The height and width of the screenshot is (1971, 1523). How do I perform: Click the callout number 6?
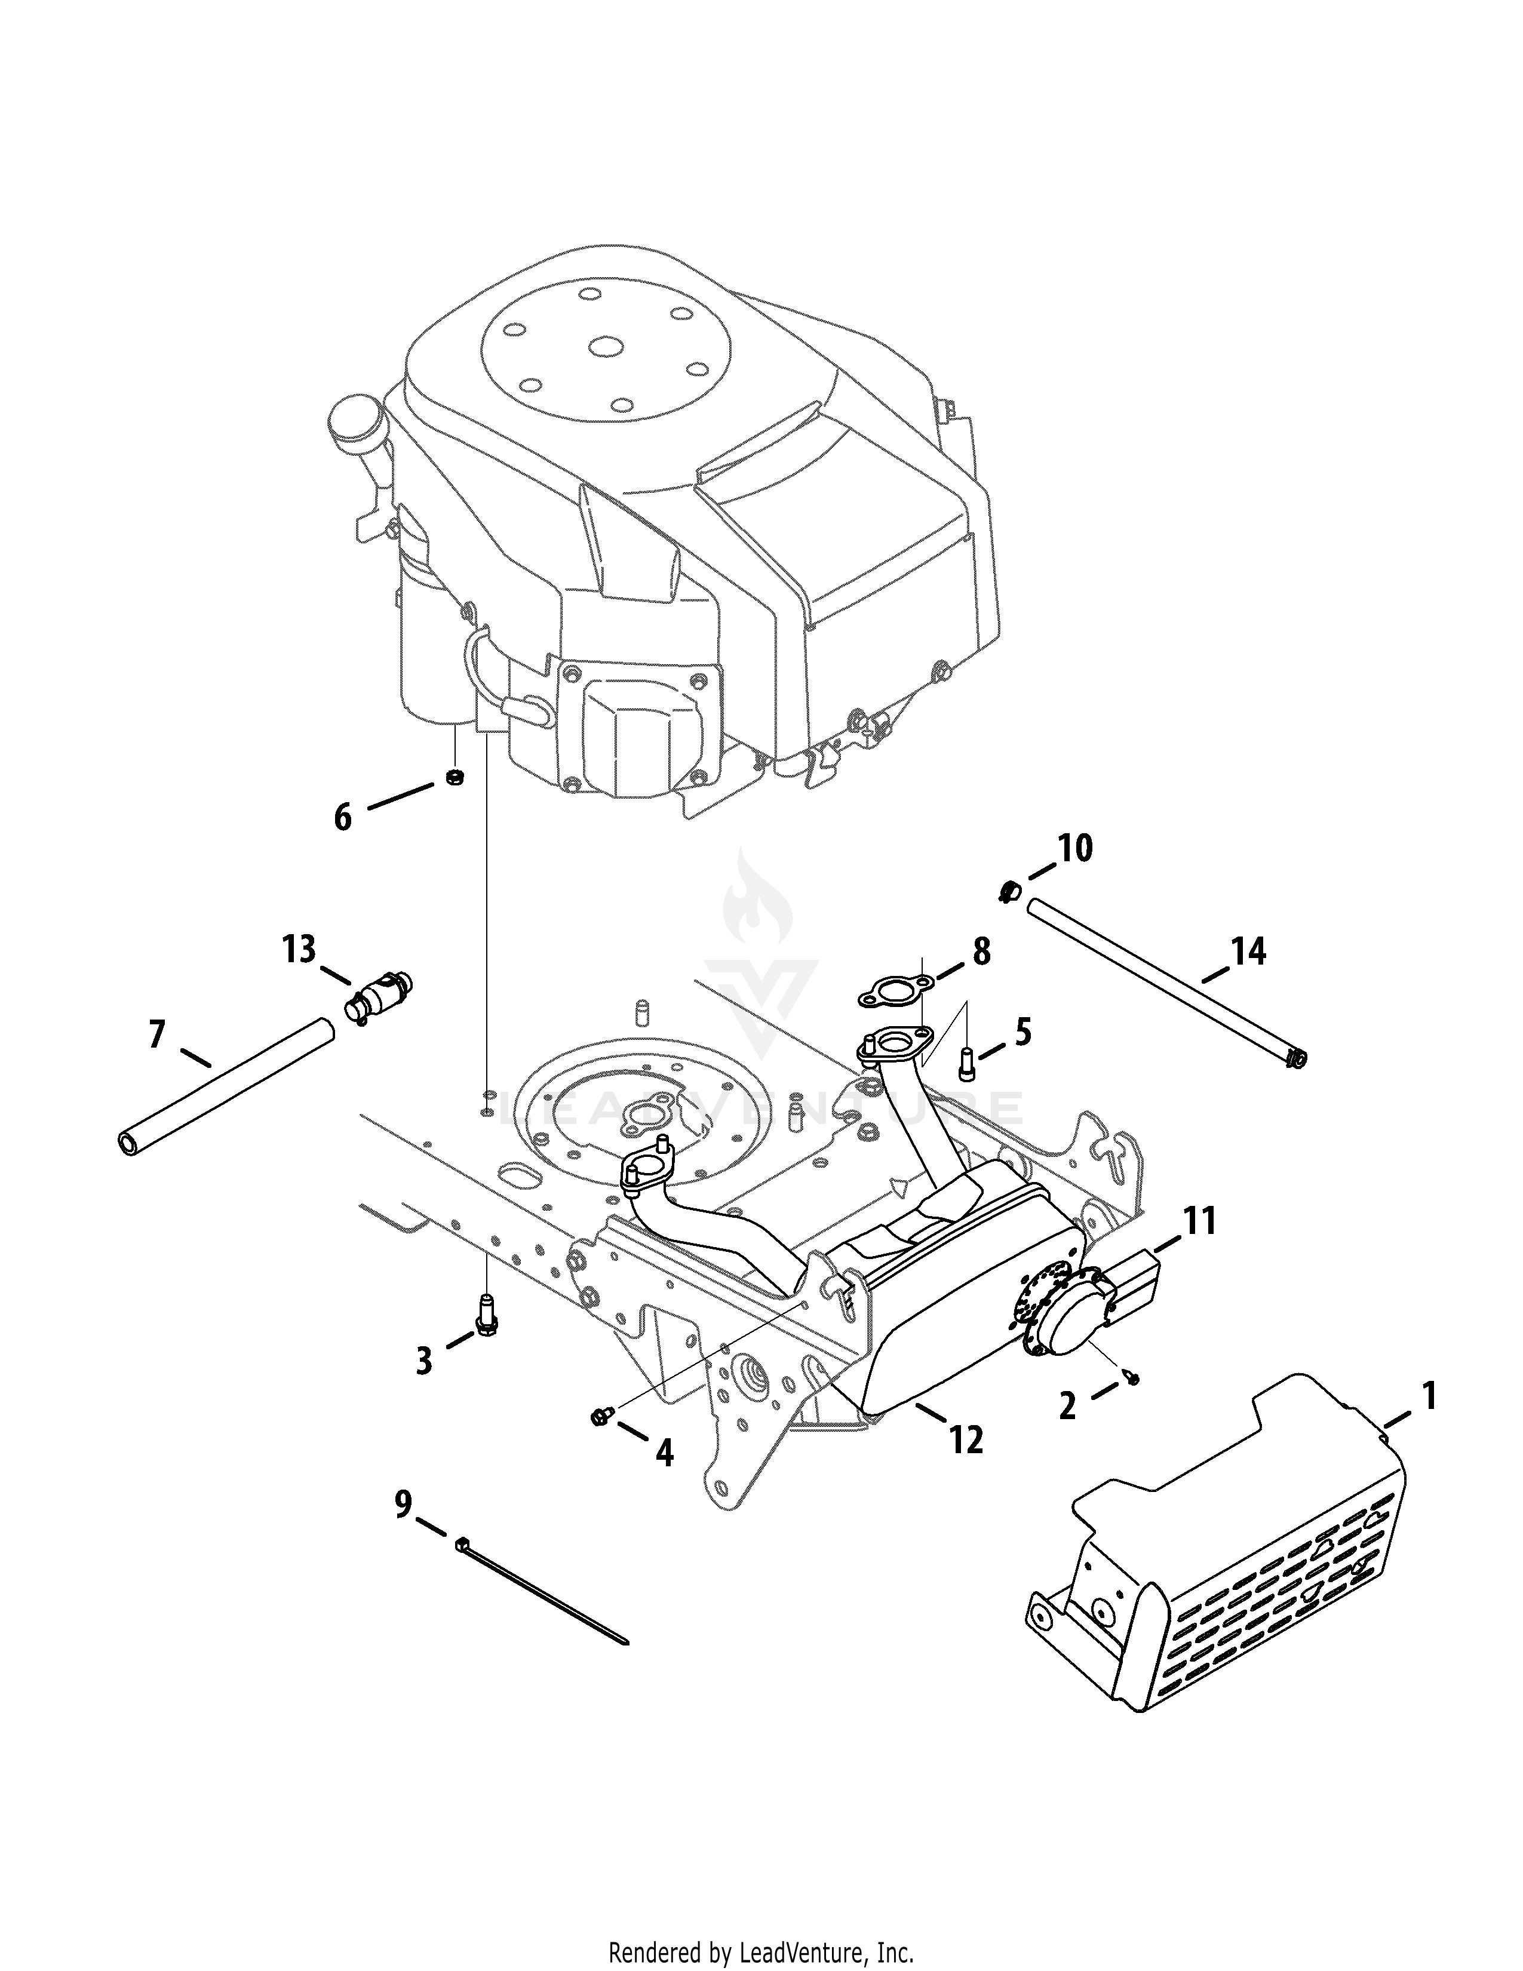343,818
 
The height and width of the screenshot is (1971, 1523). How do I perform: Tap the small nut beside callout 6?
456,776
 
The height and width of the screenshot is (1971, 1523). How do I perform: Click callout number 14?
1249,952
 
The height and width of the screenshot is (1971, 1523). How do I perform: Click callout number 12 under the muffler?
965,1441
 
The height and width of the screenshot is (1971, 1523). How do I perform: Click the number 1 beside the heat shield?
1428,1396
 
